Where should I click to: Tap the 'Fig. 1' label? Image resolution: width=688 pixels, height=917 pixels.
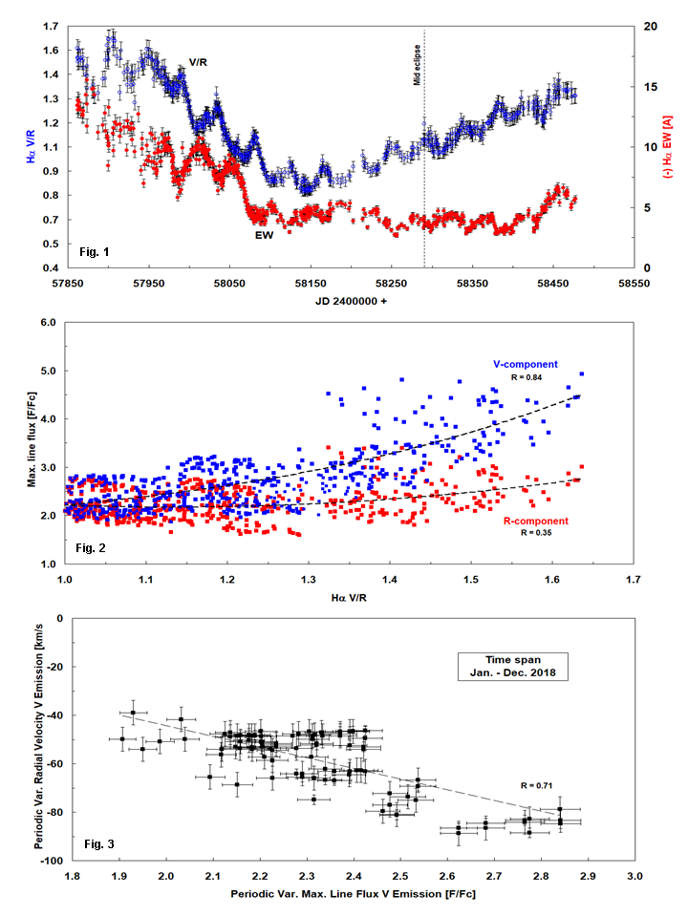coord(94,252)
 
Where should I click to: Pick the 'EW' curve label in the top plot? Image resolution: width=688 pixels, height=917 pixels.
coord(264,233)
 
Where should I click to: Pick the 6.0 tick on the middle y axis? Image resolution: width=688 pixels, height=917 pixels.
coord(45,323)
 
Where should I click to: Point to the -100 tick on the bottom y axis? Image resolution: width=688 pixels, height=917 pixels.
coord(43,861)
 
